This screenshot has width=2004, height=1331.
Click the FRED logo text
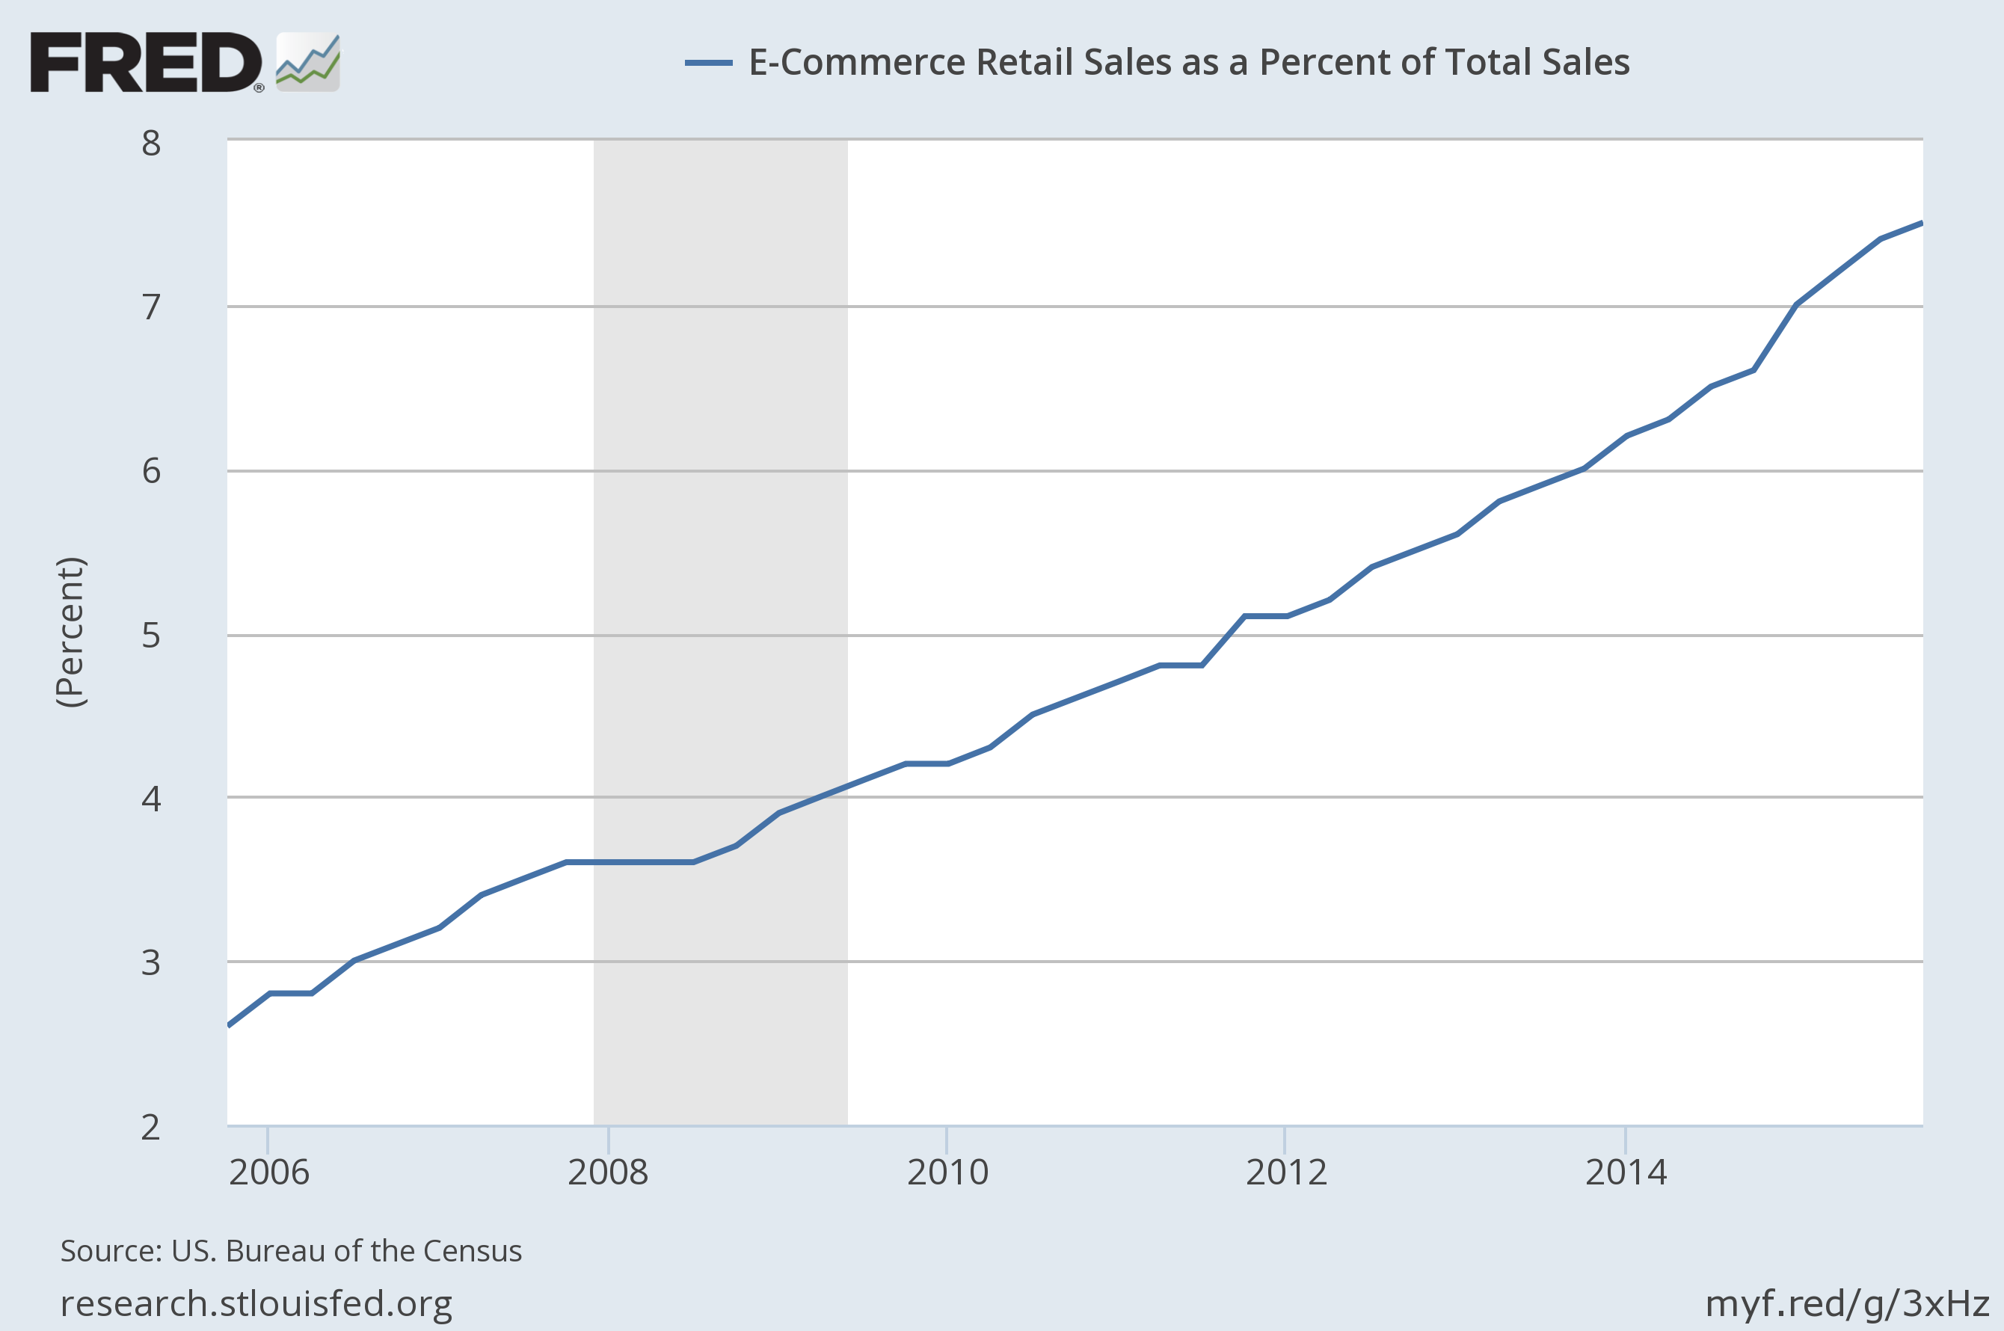pos(146,63)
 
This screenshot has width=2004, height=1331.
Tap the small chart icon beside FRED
pos(307,63)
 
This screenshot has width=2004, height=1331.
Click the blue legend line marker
pos(708,63)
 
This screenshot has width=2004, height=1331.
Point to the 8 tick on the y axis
pos(151,144)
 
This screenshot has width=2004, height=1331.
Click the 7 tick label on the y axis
pos(151,307)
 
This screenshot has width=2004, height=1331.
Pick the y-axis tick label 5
pos(151,635)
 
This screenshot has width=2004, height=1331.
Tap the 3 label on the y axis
pos(151,963)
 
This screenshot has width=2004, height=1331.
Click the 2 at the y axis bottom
pos(151,1128)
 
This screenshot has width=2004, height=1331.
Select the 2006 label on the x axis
pos(269,1172)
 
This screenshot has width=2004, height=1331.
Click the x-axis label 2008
pos(608,1172)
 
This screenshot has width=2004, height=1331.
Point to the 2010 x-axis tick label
pos(947,1172)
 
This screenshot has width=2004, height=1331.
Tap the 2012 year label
pos(1286,1172)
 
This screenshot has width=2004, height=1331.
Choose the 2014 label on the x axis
pos(1626,1172)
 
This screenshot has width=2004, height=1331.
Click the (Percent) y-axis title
pos(70,633)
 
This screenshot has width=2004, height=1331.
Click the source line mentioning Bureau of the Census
pos(291,1251)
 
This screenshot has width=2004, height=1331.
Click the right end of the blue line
pos(1920,224)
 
